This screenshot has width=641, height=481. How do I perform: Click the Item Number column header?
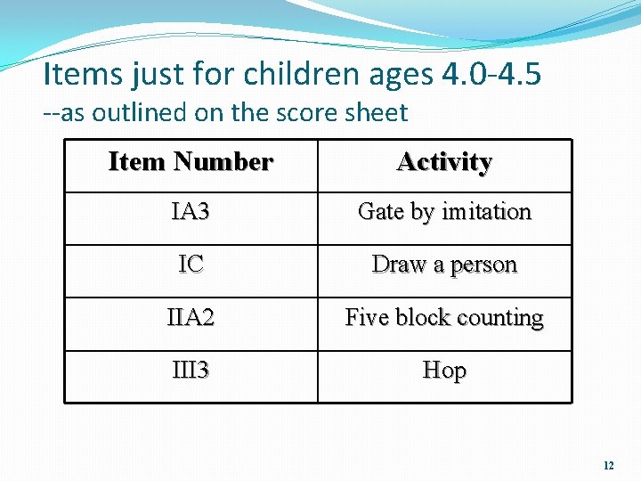point(191,162)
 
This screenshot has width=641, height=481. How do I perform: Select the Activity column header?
point(444,162)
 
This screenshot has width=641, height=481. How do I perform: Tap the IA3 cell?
point(191,212)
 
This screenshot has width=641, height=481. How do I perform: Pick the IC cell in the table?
point(191,265)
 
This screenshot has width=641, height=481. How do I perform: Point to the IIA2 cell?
point(191,317)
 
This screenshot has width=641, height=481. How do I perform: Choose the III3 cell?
point(191,370)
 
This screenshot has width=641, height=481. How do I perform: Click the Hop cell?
point(444,370)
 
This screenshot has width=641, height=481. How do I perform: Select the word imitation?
point(486,212)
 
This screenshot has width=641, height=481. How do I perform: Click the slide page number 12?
point(609,465)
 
